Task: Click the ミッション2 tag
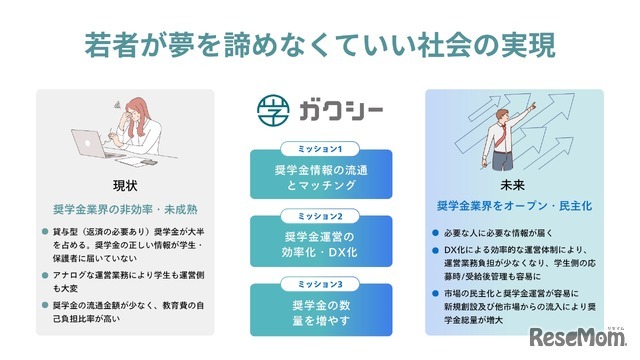(319, 216)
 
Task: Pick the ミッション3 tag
(319, 283)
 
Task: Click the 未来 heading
(513, 185)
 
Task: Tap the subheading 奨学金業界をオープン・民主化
(513, 206)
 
